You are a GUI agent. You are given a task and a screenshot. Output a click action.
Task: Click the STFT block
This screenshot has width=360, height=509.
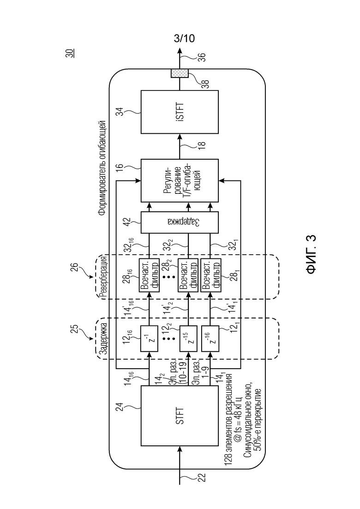[180, 415]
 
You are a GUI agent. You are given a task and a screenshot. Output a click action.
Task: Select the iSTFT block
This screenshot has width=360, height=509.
[180, 112]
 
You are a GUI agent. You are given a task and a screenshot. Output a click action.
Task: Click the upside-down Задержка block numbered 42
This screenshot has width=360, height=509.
[180, 222]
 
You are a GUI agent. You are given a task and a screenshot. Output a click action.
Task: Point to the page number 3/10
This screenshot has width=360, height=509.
[184, 38]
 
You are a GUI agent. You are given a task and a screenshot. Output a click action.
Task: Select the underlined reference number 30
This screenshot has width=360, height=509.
[70, 53]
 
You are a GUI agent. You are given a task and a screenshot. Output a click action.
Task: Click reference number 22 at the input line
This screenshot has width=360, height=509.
[202, 478]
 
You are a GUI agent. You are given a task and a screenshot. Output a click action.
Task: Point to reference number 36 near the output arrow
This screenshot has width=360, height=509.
[202, 57]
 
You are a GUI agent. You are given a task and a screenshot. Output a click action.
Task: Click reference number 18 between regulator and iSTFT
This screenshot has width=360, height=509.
[202, 145]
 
